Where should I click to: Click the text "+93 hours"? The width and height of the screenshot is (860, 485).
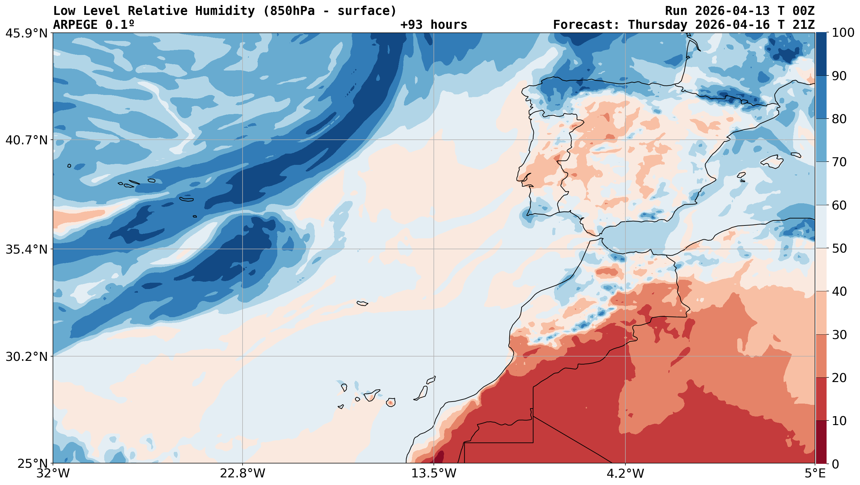coord(434,25)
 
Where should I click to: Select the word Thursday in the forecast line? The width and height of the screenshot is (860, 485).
coord(658,25)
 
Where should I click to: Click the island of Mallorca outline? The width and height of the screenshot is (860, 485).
coord(772,162)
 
